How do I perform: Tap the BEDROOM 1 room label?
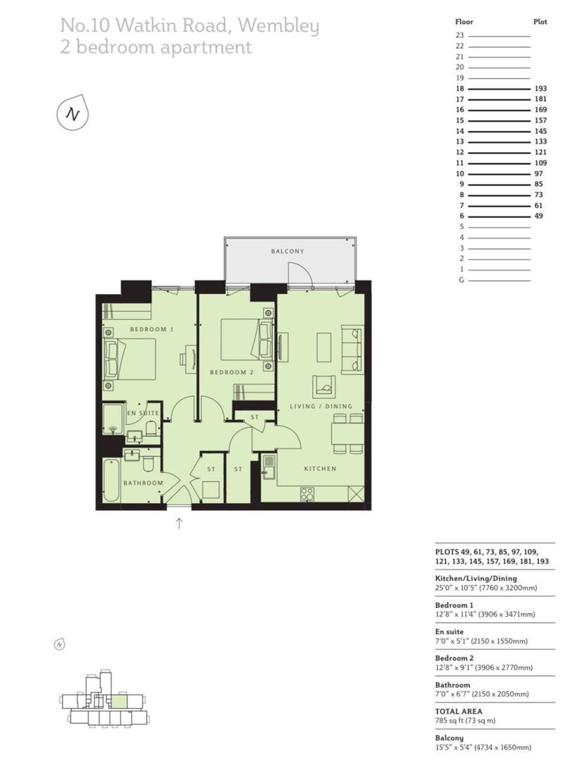[151, 330]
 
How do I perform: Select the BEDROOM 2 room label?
[231, 372]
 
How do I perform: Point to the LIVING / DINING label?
[320, 407]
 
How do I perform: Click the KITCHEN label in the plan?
[320, 469]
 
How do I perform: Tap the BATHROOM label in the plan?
[143, 483]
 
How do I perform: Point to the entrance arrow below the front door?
[179, 523]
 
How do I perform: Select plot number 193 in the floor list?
[540, 89]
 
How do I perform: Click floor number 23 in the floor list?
[460, 35]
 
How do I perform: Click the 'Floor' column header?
[464, 22]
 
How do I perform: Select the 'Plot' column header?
[540, 22]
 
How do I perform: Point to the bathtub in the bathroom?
[111, 483]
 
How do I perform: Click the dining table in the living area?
[346, 432]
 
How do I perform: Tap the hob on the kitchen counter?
[307, 494]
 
